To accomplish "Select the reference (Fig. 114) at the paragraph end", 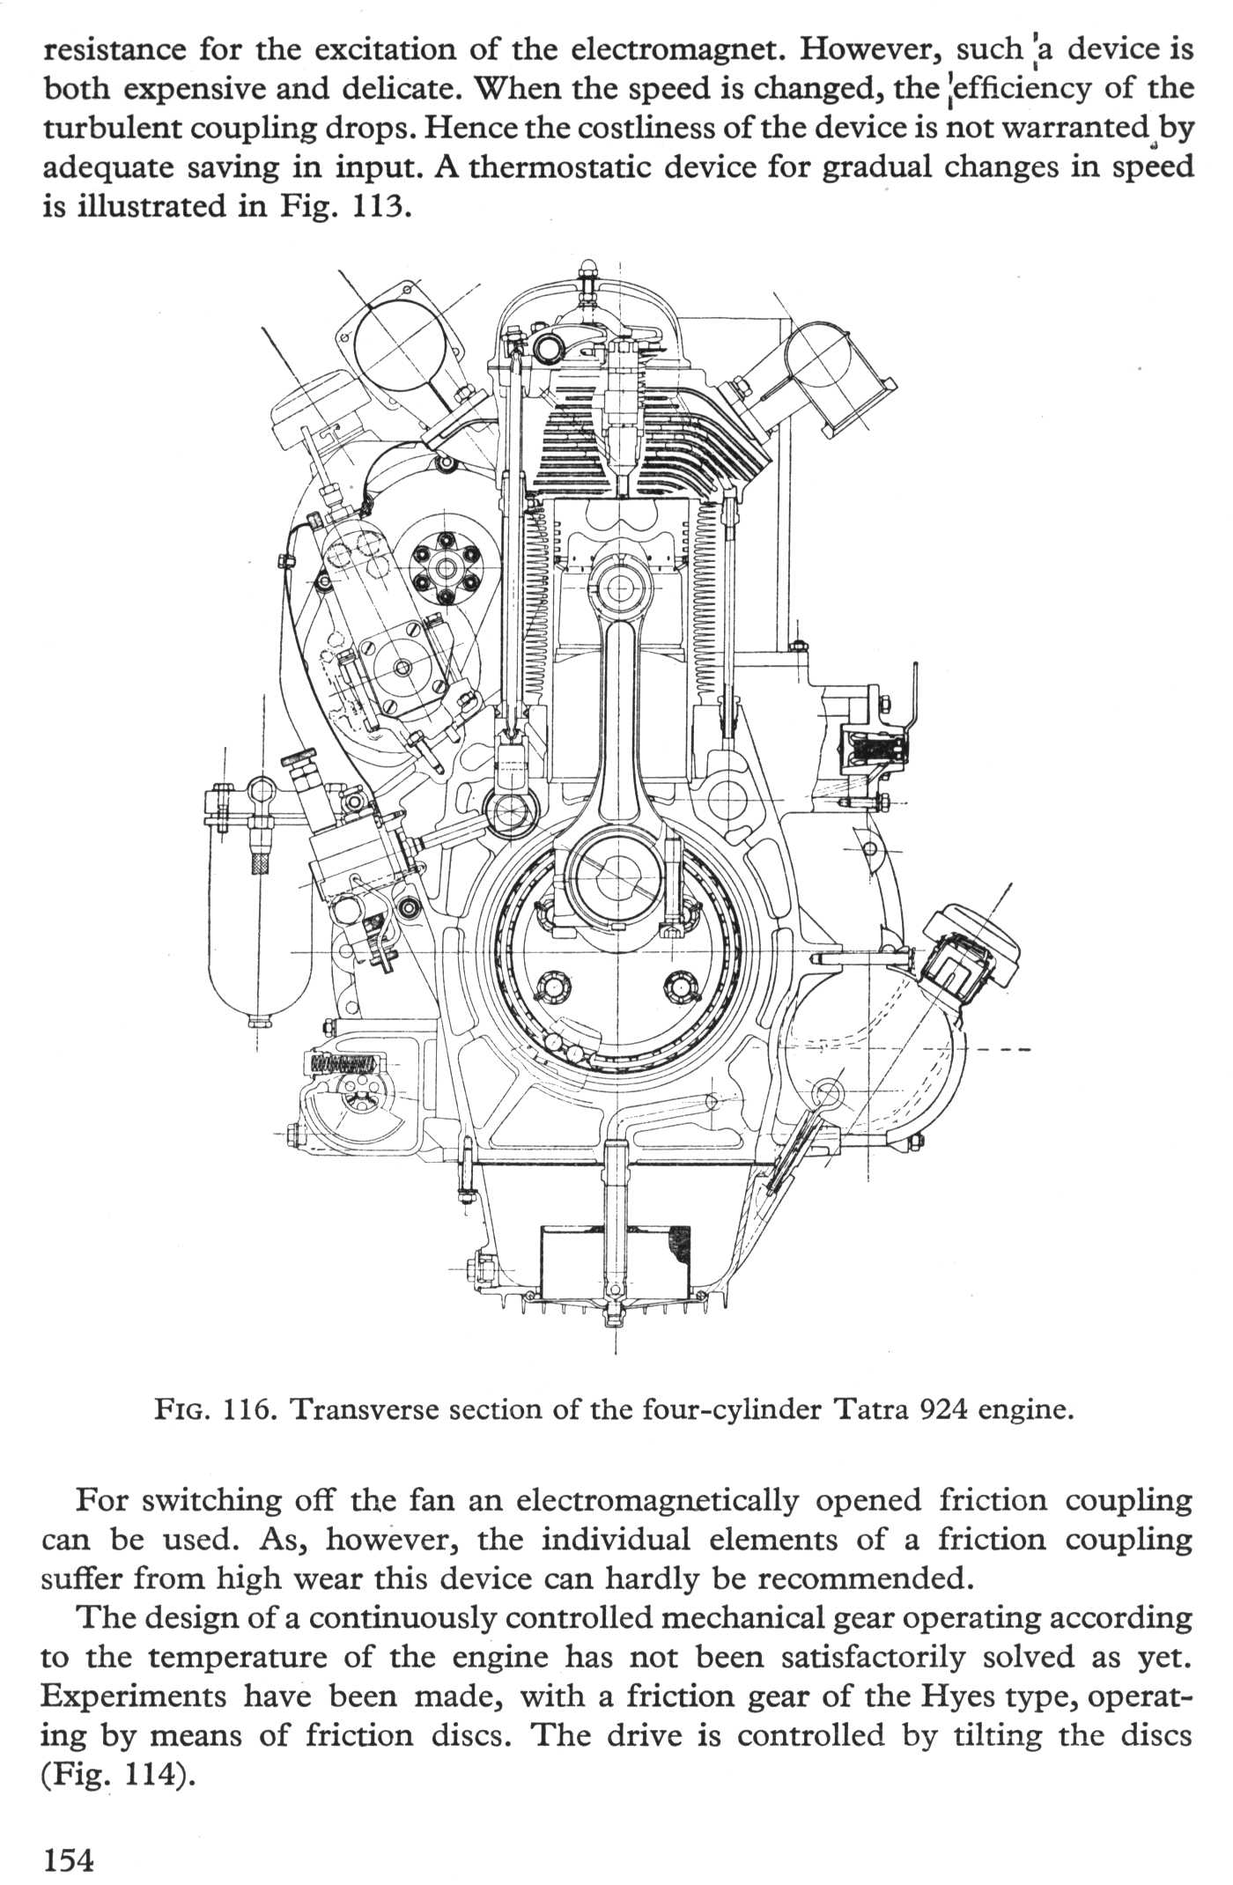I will (117, 1773).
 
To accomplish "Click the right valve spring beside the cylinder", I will (707, 599).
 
